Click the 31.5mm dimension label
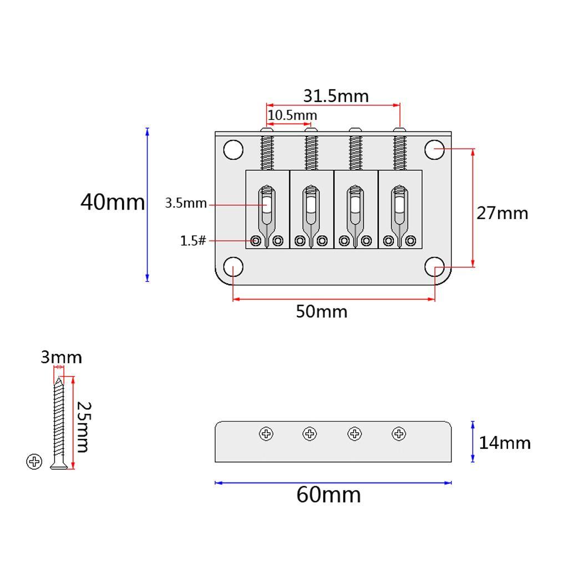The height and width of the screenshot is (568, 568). tap(336, 96)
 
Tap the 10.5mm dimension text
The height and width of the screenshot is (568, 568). tap(292, 115)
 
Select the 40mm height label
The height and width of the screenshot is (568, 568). tap(113, 202)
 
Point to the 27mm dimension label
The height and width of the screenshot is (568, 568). tap(502, 213)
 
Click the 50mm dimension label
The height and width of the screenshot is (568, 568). tap(322, 312)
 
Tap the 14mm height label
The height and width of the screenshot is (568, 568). tap(505, 443)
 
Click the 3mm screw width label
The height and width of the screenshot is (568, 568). tap(61, 357)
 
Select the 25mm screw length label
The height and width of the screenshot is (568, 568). tap(83, 427)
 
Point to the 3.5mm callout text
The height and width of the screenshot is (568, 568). tap(186, 203)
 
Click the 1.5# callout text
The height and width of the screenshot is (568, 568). tap(193, 241)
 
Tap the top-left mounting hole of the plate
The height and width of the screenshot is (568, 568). tap(234, 150)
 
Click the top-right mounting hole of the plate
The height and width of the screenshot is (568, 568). tap(435, 150)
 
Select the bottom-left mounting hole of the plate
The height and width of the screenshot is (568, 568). tap(234, 267)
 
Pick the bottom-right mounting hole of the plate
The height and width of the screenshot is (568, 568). tap(435, 267)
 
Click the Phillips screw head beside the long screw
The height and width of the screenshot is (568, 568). tap(34, 461)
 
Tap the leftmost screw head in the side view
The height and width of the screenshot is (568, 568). tap(266, 434)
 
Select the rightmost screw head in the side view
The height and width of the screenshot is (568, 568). tap(399, 434)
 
